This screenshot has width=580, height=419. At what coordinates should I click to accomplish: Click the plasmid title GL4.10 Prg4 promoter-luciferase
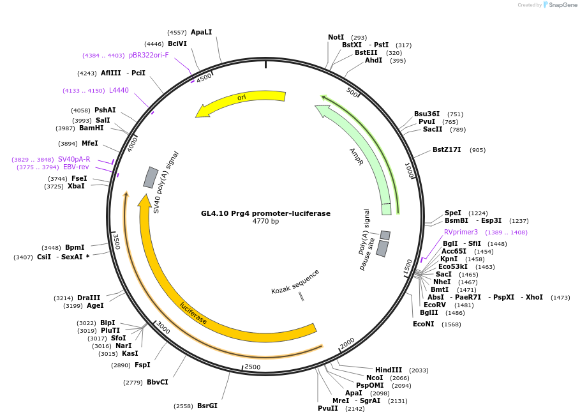coord(265,213)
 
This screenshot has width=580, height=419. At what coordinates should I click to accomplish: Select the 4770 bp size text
coord(265,222)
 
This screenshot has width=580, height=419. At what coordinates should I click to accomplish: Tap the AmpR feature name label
coord(356,156)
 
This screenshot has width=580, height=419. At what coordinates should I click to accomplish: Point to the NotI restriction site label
coord(336,38)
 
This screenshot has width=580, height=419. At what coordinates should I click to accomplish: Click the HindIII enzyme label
coord(388,370)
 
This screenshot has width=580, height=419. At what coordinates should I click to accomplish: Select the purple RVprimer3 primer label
coord(461,232)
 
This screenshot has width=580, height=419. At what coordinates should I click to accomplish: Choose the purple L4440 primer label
coord(119,91)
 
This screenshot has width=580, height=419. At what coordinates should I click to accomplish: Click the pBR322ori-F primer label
coord(149,56)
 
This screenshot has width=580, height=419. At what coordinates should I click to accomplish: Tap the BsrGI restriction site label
coord(207,406)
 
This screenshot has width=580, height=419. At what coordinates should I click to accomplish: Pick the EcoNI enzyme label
coord(423,324)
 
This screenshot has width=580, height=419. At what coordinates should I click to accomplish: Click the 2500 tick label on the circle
coord(253,367)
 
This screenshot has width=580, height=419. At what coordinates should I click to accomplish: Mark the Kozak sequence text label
coord(295,281)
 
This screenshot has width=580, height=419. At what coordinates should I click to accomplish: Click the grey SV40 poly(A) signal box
coord(151,178)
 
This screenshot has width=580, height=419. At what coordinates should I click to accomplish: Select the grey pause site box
coord(382,248)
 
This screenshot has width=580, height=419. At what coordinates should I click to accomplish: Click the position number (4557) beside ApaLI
coord(177,33)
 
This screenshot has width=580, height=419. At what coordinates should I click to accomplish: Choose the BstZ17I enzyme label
coord(449,150)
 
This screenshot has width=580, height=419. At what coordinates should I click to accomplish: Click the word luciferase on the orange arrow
coord(193,313)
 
